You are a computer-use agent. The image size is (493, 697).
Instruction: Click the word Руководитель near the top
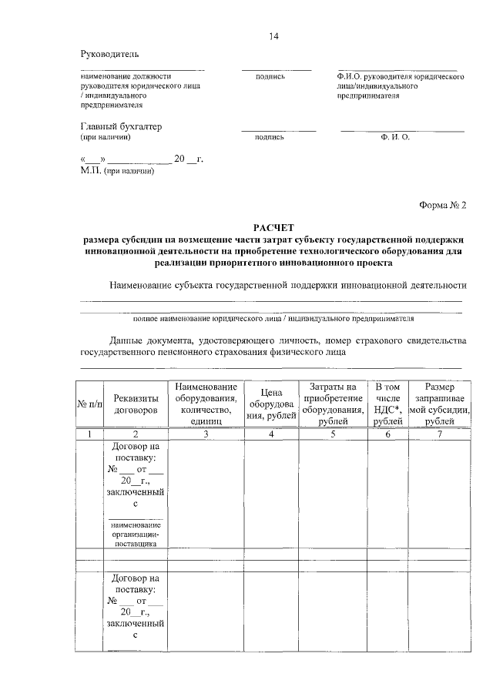pyautogui.click(x=110, y=54)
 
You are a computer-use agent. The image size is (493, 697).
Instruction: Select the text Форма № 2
pyautogui.click(x=443, y=206)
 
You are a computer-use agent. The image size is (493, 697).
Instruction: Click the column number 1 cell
pyautogui.click(x=89, y=434)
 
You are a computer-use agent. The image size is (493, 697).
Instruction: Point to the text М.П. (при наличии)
pyautogui.click(x=117, y=171)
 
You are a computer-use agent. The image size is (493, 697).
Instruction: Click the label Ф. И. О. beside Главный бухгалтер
pyautogui.click(x=394, y=137)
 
